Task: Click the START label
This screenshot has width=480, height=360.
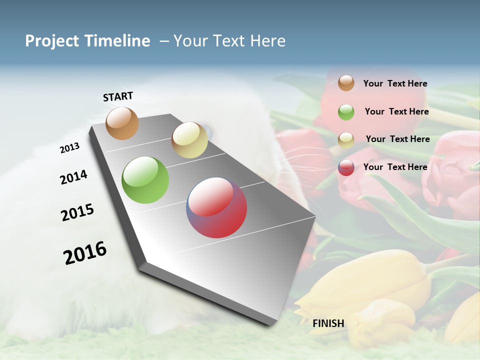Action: (x=118, y=96)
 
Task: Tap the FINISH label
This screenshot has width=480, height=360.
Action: (x=328, y=323)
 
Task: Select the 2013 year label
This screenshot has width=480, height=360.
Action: (x=69, y=148)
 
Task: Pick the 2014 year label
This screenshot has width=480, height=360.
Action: (x=73, y=177)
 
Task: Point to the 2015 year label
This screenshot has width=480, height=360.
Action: (x=77, y=212)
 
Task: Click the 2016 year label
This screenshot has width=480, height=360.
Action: (x=85, y=253)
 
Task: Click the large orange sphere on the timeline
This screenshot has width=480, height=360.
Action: (x=122, y=123)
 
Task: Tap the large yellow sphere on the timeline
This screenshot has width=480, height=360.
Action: (x=189, y=140)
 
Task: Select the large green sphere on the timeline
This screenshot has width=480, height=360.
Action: (x=145, y=180)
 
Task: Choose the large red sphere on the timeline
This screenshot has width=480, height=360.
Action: (x=216, y=207)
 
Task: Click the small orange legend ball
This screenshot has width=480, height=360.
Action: (x=346, y=83)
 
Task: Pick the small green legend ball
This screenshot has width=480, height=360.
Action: (x=346, y=112)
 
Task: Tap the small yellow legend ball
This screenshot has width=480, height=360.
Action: (x=346, y=139)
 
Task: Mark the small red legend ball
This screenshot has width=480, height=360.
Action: (x=346, y=167)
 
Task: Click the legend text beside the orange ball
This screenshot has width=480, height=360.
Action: (x=395, y=83)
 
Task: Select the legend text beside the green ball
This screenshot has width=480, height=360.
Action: (x=396, y=111)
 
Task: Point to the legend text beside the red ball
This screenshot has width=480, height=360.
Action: (x=395, y=167)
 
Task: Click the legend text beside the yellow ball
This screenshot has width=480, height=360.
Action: (x=397, y=139)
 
